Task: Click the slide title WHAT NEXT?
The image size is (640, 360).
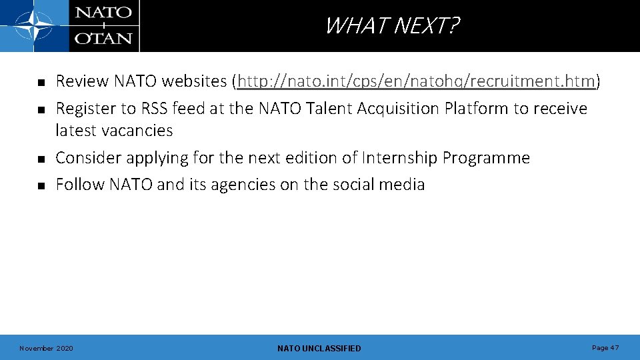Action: click(x=392, y=26)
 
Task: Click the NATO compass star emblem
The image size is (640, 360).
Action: click(x=34, y=26)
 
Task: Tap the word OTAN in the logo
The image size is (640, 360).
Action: click(x=103, y=37)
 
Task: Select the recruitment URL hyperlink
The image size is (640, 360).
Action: click(x=416, y=81)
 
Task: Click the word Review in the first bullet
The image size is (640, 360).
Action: click(x=82, y=81)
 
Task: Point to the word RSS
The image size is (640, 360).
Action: click(x=155, y=108)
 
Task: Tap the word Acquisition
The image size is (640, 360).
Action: click(x=396, y=108)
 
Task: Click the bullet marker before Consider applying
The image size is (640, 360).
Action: click(x=40, y=159)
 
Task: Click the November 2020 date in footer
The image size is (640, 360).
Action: click(x=47, y=348)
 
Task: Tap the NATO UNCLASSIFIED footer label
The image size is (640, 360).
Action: click(x=319, y=348)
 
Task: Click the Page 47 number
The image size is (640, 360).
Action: click(x=605, y=348)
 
